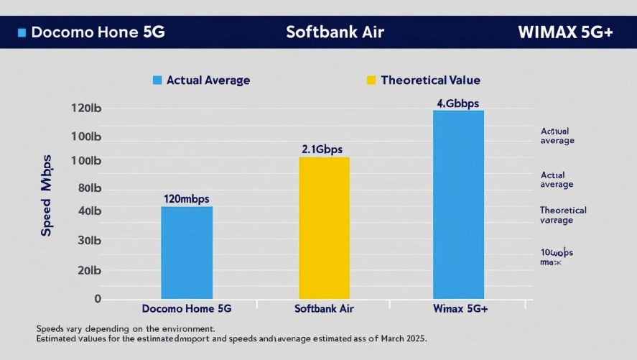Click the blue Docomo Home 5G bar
click(x=187, y=252)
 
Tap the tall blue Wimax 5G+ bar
click(x=458, y=204)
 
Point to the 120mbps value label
click(x=186, y=198)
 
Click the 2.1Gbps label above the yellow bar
click(x=322, y=149)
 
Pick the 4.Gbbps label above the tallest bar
click(x=457, y=103)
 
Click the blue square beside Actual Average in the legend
click(x=157, y=80)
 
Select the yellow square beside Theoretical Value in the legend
click(x=371, y=80)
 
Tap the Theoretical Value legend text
click(x=430, y=80)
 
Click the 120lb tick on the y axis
click(x=86, y=109)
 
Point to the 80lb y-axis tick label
click(x=88, y=188)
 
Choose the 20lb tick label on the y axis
click(x=88, y=271)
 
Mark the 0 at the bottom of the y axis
click(x=98, y=298)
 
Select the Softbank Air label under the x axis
click(x=324, y=309)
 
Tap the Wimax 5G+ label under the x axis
click(x=460, y=309)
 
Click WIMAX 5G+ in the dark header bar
click(x=564, y=33)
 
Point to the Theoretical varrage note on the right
click(x=562, y=216)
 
